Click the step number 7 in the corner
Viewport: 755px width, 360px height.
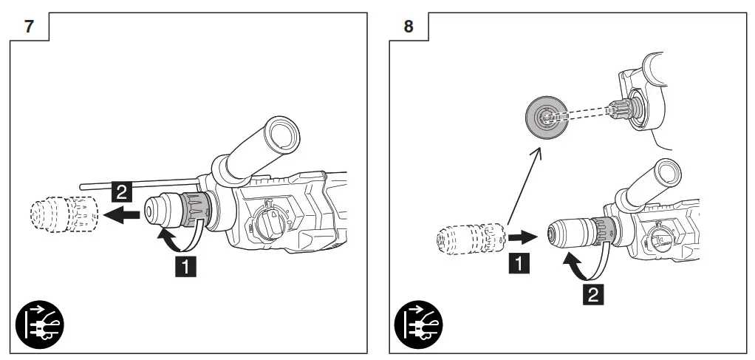tap(30, 26)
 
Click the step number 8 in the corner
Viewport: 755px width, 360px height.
tap(409, 26)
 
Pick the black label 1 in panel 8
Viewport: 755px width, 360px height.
tap(519, 261)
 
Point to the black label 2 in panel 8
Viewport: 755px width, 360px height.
tap(592, 295)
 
